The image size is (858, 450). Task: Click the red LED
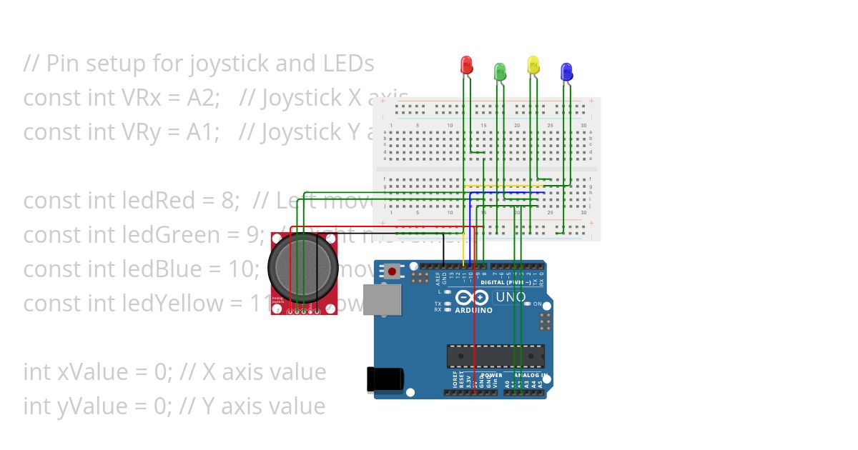click(466, 65)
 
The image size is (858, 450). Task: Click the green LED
click(500, 71)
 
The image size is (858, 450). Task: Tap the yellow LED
click(533, 65)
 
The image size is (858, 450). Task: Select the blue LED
click(566, 71)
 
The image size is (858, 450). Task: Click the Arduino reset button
click(392, 271)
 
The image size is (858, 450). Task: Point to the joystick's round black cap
click(302, 266)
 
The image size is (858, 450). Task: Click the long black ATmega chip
click(495, 356)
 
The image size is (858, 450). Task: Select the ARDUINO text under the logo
click(473, 311)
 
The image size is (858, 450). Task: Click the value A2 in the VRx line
click(204, 98)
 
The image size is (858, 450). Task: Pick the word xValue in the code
click(94, 372)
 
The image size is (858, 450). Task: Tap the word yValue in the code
click(94, 406)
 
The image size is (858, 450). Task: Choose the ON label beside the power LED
click(538, 304)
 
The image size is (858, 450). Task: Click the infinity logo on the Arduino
click(473, 297)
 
